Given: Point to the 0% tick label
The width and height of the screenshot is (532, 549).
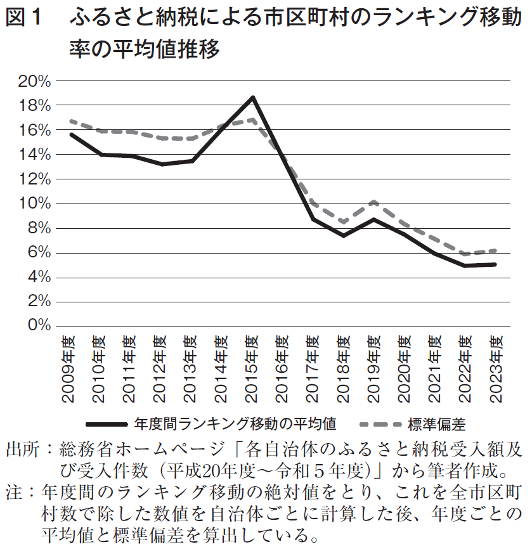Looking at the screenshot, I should pos(38,326).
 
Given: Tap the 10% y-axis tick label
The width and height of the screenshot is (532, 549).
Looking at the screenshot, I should pos(35,203).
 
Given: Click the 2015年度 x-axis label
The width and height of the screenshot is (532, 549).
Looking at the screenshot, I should pos(252,369).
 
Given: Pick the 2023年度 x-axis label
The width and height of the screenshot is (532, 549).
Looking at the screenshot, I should pos(496,369).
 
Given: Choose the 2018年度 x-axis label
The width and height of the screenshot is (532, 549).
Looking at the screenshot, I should pos(344,369).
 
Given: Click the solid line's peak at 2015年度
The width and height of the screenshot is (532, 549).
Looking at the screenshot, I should pos(252,97).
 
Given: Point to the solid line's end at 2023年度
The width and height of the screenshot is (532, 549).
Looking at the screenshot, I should pos(495,264).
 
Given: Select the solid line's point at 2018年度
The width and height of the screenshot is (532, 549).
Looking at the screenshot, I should pos(344,235).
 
